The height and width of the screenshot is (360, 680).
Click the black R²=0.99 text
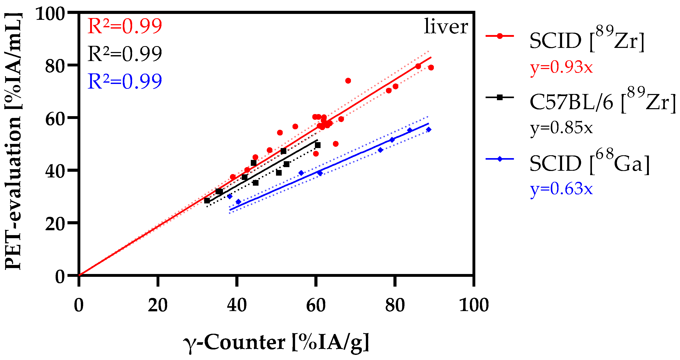tap(124, 54)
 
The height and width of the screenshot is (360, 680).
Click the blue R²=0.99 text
tap(124, 82)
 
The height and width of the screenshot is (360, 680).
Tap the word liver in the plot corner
tap(446, 27)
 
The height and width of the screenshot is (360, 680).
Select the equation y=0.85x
tap(562, 128)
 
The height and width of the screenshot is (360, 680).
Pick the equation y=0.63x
tap(562, 189)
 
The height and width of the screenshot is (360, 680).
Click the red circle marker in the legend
tap(500, 36)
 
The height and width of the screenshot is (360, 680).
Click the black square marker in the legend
tap(500, 97)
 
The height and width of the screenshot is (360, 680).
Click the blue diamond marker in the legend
tap(500, 159)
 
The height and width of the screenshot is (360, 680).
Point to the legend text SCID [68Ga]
tap(589, 164)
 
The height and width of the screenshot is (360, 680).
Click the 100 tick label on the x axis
tap(474, 306)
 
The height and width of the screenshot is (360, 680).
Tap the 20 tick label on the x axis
tap(158, 306)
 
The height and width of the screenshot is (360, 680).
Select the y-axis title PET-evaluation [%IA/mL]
tap(13, 141)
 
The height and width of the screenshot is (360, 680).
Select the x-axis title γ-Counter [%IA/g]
tap(276, 342)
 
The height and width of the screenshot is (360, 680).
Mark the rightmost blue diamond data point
tap(428, 130)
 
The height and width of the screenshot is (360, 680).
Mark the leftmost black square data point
tap(207, 201)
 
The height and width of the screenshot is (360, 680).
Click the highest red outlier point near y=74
tap(348, 81)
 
